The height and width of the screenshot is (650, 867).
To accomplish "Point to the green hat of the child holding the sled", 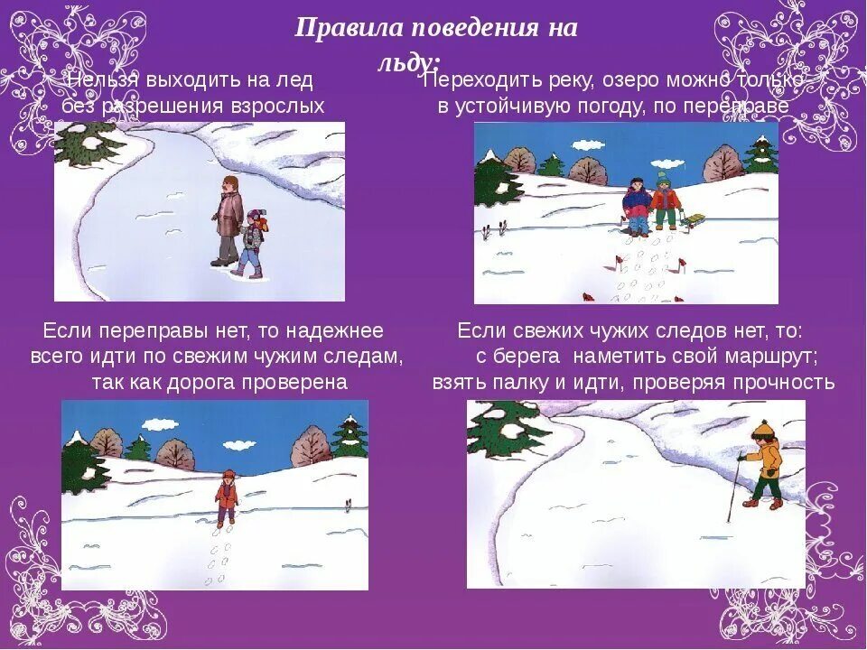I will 664,176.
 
